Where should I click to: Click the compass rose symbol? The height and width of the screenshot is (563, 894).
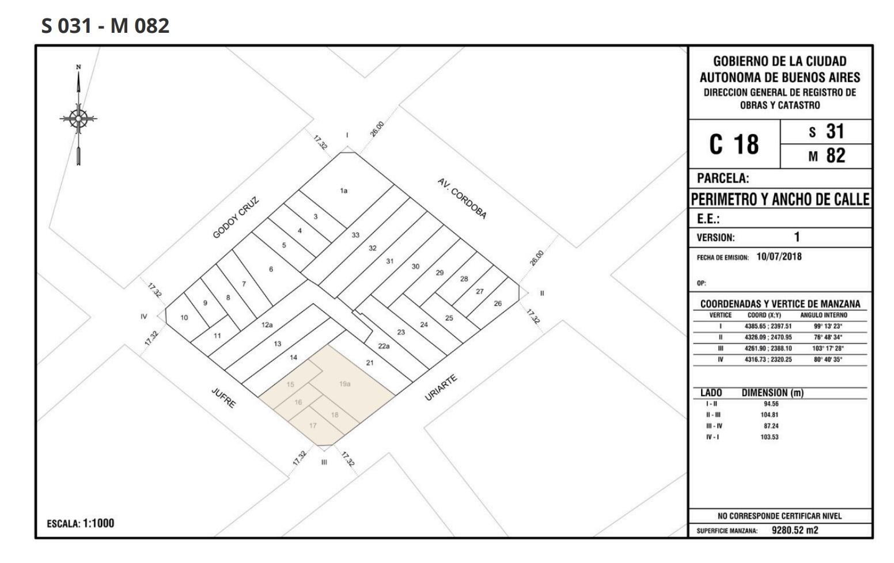78,119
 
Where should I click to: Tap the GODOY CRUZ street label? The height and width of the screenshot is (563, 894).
236,218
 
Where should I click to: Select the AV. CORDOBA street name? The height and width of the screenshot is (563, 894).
462,199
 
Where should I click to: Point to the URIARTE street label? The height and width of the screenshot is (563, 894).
441,387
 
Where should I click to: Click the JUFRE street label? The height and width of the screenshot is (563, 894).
223,398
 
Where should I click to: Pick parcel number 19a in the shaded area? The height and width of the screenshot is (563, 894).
345,384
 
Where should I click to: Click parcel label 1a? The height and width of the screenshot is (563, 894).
344,191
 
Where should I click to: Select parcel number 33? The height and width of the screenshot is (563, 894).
355,235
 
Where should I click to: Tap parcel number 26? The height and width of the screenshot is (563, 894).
498,303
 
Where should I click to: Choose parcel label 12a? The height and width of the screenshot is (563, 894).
267,325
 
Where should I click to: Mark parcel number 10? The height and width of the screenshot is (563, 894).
184,318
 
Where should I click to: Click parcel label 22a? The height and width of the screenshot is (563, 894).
384,346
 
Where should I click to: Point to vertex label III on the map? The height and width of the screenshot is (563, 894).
324,462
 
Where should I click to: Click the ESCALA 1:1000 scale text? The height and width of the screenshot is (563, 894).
81,523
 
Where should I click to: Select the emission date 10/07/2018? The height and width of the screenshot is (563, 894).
779,256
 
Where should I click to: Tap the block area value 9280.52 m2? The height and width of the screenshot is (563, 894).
794,530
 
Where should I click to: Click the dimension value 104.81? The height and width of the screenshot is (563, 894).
769,414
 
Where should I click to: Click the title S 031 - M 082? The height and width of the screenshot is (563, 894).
105,25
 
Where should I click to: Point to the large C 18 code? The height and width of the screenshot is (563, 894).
734,144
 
